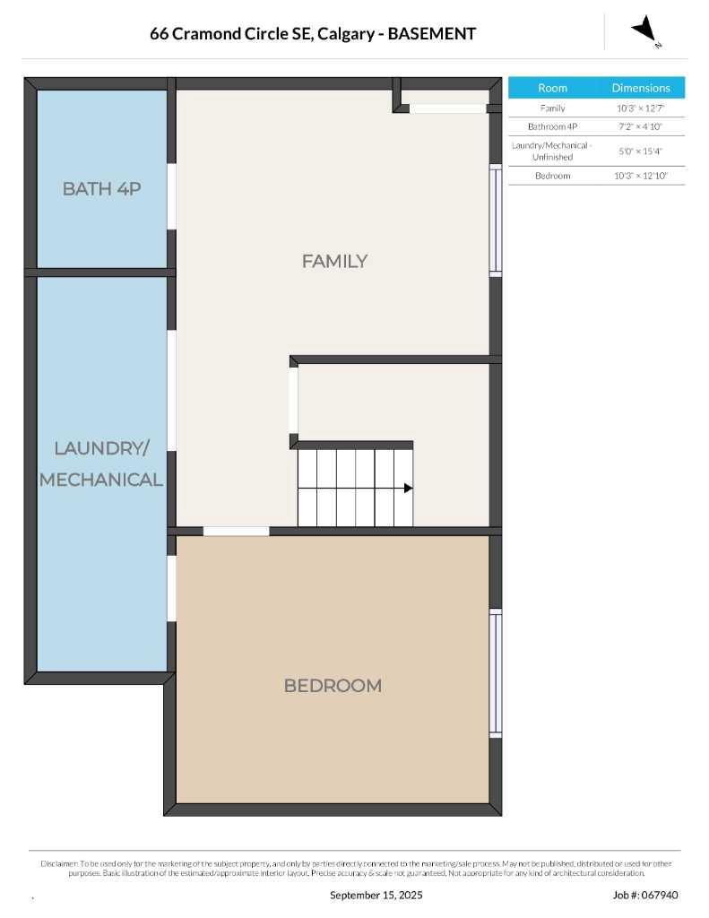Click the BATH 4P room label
click(x=101, y=188)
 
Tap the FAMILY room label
click(x=334, y=261)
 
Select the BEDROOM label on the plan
click(x=333, y=686)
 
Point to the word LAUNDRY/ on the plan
click(x=101, y=448)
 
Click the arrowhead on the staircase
click(x=408, y=489)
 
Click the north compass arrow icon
click(x=644, y=30)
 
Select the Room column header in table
click(x=552, y=88)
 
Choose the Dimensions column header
click(x=641, y=88)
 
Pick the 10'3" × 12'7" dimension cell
click(x=641, y=108)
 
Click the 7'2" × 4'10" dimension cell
click(x=641, y=127)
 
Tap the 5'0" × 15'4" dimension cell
click(x=641, y=152)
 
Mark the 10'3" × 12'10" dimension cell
click(x=641, y=176)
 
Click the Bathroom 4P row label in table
click(x=552, y=127)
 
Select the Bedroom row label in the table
click(x=552, y=176)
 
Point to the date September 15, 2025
click(x=376, y=895)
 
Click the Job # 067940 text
click(x=645, y=895)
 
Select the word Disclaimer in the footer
click(x=59, y=863)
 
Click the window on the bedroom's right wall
click(x=495, y=672)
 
